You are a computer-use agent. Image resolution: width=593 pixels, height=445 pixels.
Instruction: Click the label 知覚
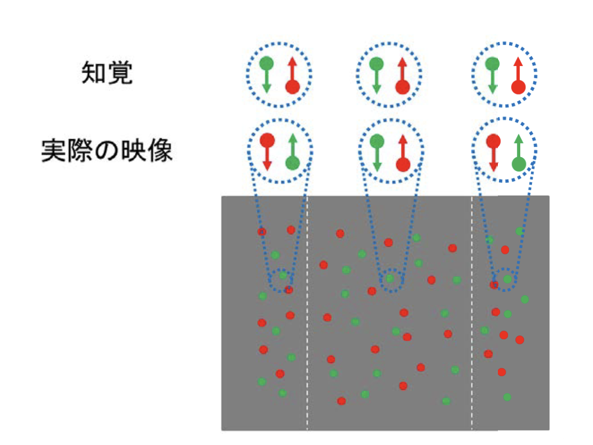click(x=107, y=73)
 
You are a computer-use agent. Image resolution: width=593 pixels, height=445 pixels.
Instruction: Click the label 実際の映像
click(x=107, y=150)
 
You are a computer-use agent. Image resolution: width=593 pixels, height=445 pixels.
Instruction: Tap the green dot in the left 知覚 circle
click(x=267, y=63)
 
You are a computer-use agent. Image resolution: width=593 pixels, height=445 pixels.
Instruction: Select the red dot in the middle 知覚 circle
click(x=402, y=87)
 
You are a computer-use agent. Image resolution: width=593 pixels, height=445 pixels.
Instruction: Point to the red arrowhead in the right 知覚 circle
click(x=518, y=62)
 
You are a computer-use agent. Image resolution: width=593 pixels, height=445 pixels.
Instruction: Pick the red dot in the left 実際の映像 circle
click(x=267, y=140)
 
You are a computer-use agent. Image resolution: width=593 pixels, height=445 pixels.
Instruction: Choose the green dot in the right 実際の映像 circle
click(x=519, y=164)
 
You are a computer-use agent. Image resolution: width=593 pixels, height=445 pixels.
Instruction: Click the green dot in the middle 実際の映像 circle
click(x=376, y=141)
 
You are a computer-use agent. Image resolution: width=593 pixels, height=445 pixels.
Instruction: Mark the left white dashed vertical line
click(x=307, y=313)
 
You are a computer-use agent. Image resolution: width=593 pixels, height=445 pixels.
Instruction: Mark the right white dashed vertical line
click(x=472, y=313)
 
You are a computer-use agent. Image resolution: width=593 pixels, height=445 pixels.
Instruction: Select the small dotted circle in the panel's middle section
click(x=391, y=280)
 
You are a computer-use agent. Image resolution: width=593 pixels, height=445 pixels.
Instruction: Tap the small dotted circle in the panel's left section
click(x=281, y=280)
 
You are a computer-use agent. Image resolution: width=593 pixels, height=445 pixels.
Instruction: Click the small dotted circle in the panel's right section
click(x=505, y=280)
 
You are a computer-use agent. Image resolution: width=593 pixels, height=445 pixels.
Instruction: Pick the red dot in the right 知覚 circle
click(x=518, y=87)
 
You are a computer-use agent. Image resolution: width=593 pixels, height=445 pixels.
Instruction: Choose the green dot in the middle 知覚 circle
click(x=376, y=64)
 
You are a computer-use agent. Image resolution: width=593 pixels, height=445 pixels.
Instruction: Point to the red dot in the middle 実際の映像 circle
click(x=403, y=164)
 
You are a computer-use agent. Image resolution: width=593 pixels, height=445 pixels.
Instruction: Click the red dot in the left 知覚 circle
click(x=293, y=87)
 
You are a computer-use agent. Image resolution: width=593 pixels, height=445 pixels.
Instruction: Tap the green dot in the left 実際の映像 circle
click(x=293, y=163)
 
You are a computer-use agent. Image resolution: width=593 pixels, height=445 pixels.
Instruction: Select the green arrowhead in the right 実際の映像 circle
click(x=519, y=139)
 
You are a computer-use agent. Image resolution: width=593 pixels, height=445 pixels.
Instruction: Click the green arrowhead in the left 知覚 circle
click(x=267, y=88)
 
